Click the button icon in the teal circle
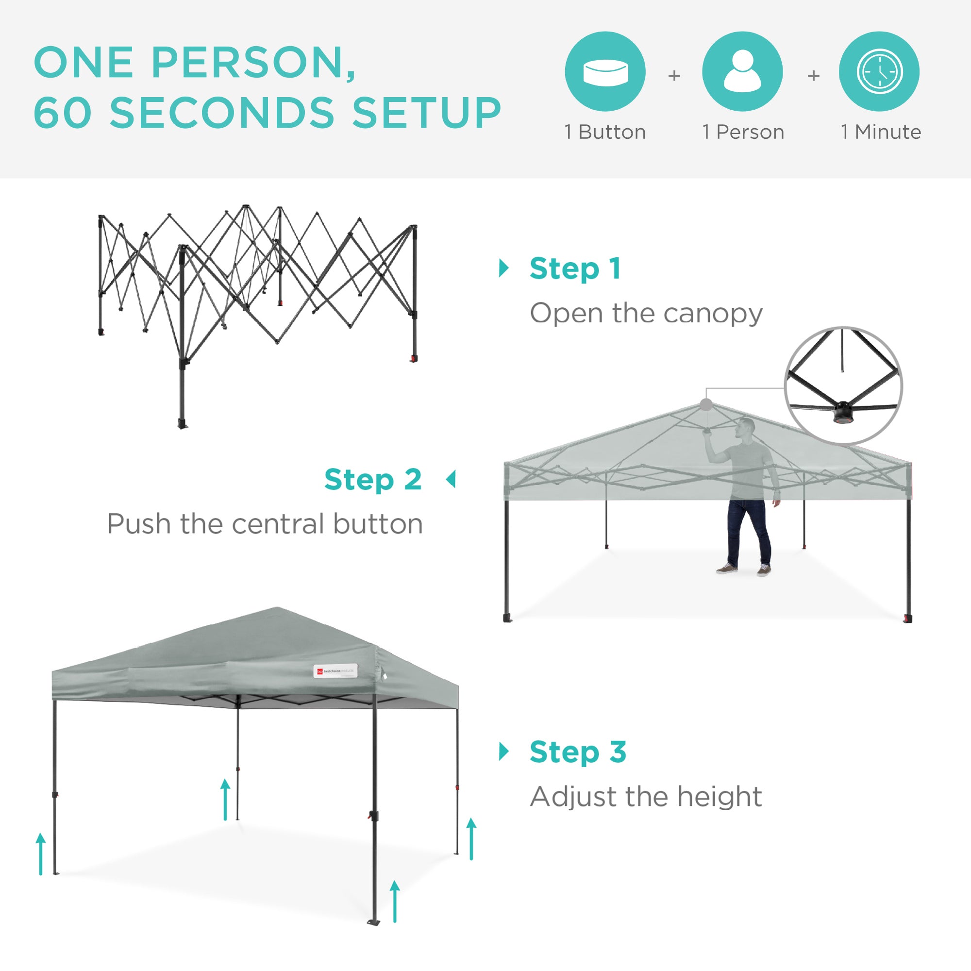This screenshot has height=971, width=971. click(605, 72)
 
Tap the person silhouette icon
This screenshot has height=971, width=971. click(742, 72)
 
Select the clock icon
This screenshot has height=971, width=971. click(880, 72)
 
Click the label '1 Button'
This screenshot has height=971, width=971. click(605, 132)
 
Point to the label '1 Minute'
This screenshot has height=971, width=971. click(881, 132)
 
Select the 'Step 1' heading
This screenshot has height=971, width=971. click(575, 268)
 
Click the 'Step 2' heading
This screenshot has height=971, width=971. click(372, 480)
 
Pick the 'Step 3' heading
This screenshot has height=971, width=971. click(577, 752)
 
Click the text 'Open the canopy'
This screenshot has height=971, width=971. click(646, 314)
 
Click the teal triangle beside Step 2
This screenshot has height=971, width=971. click(451, 479)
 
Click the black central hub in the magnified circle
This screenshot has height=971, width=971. click(843, 412)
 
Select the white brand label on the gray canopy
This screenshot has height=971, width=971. click(335, 670)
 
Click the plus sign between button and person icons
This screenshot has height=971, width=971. click(674, 76)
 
